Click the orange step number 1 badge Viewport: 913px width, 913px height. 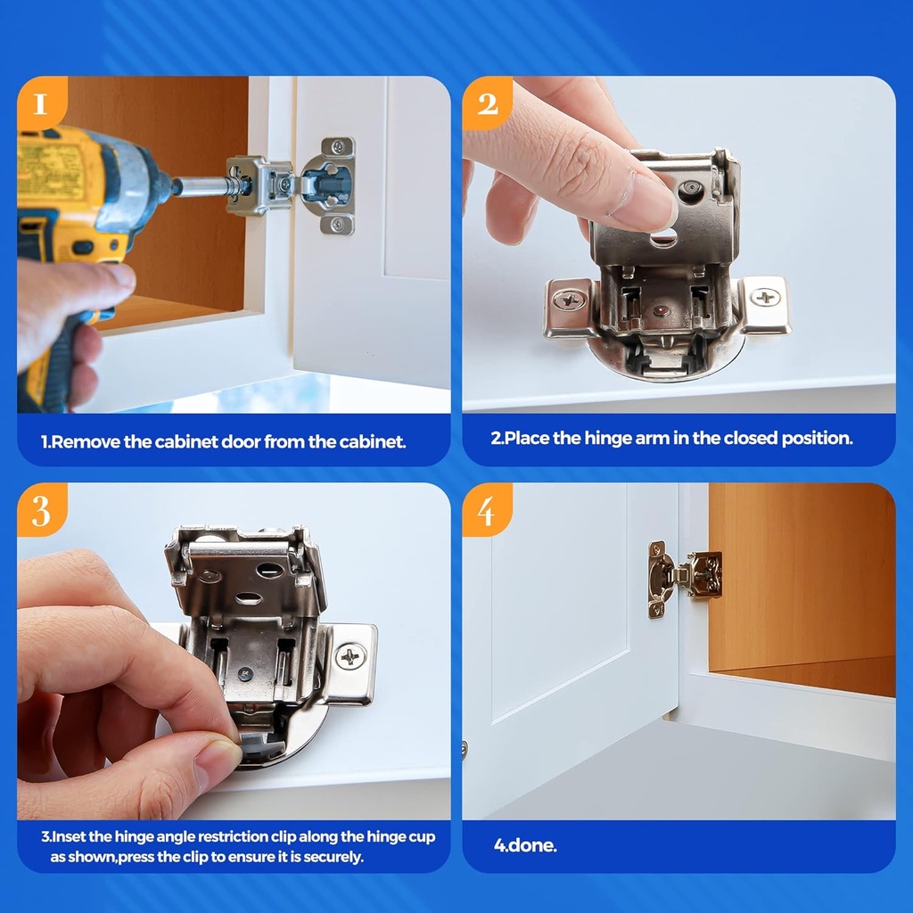40,103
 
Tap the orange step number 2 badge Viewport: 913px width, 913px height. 487,103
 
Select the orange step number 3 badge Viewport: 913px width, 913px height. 41,511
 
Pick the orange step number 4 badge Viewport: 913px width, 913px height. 486,511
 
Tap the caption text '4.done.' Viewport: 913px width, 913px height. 525,845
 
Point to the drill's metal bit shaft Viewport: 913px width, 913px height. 206,186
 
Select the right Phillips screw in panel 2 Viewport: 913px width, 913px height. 765,297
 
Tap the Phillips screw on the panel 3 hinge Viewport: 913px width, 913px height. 350,657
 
